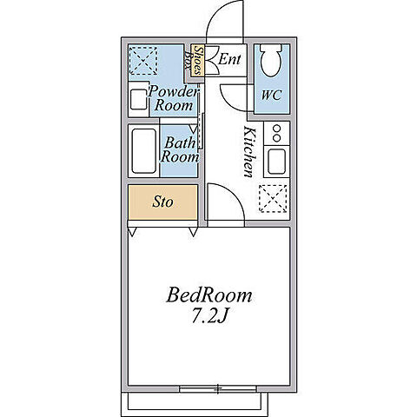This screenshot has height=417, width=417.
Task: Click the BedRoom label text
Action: tap(209, 295)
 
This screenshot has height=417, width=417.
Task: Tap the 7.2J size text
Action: tap(209, 316)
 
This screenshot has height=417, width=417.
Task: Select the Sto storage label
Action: tap(162, 202)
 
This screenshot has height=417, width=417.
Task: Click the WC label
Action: tap(271, 95)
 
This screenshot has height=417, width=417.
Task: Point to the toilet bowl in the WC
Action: tap(271, 60)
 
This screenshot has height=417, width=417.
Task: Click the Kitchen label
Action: tap(249, 151)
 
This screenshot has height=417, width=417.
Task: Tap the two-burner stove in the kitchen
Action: tap(276, 133)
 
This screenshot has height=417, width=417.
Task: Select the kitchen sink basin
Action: tap(276, 162)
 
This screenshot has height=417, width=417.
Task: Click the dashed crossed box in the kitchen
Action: tap(274, 199)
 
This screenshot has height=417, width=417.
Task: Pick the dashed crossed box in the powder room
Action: tap(143, 61)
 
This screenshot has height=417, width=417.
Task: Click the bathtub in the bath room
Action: tap(144, 151)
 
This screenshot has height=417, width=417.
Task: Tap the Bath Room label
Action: tap(180, 150)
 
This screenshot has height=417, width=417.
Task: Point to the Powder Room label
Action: tap(173, 98)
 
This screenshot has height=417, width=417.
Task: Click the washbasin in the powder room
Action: tap(138, 99)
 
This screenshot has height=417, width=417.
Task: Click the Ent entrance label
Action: tap(229, 59)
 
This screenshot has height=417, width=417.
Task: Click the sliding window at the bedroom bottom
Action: tap(218, 388)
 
